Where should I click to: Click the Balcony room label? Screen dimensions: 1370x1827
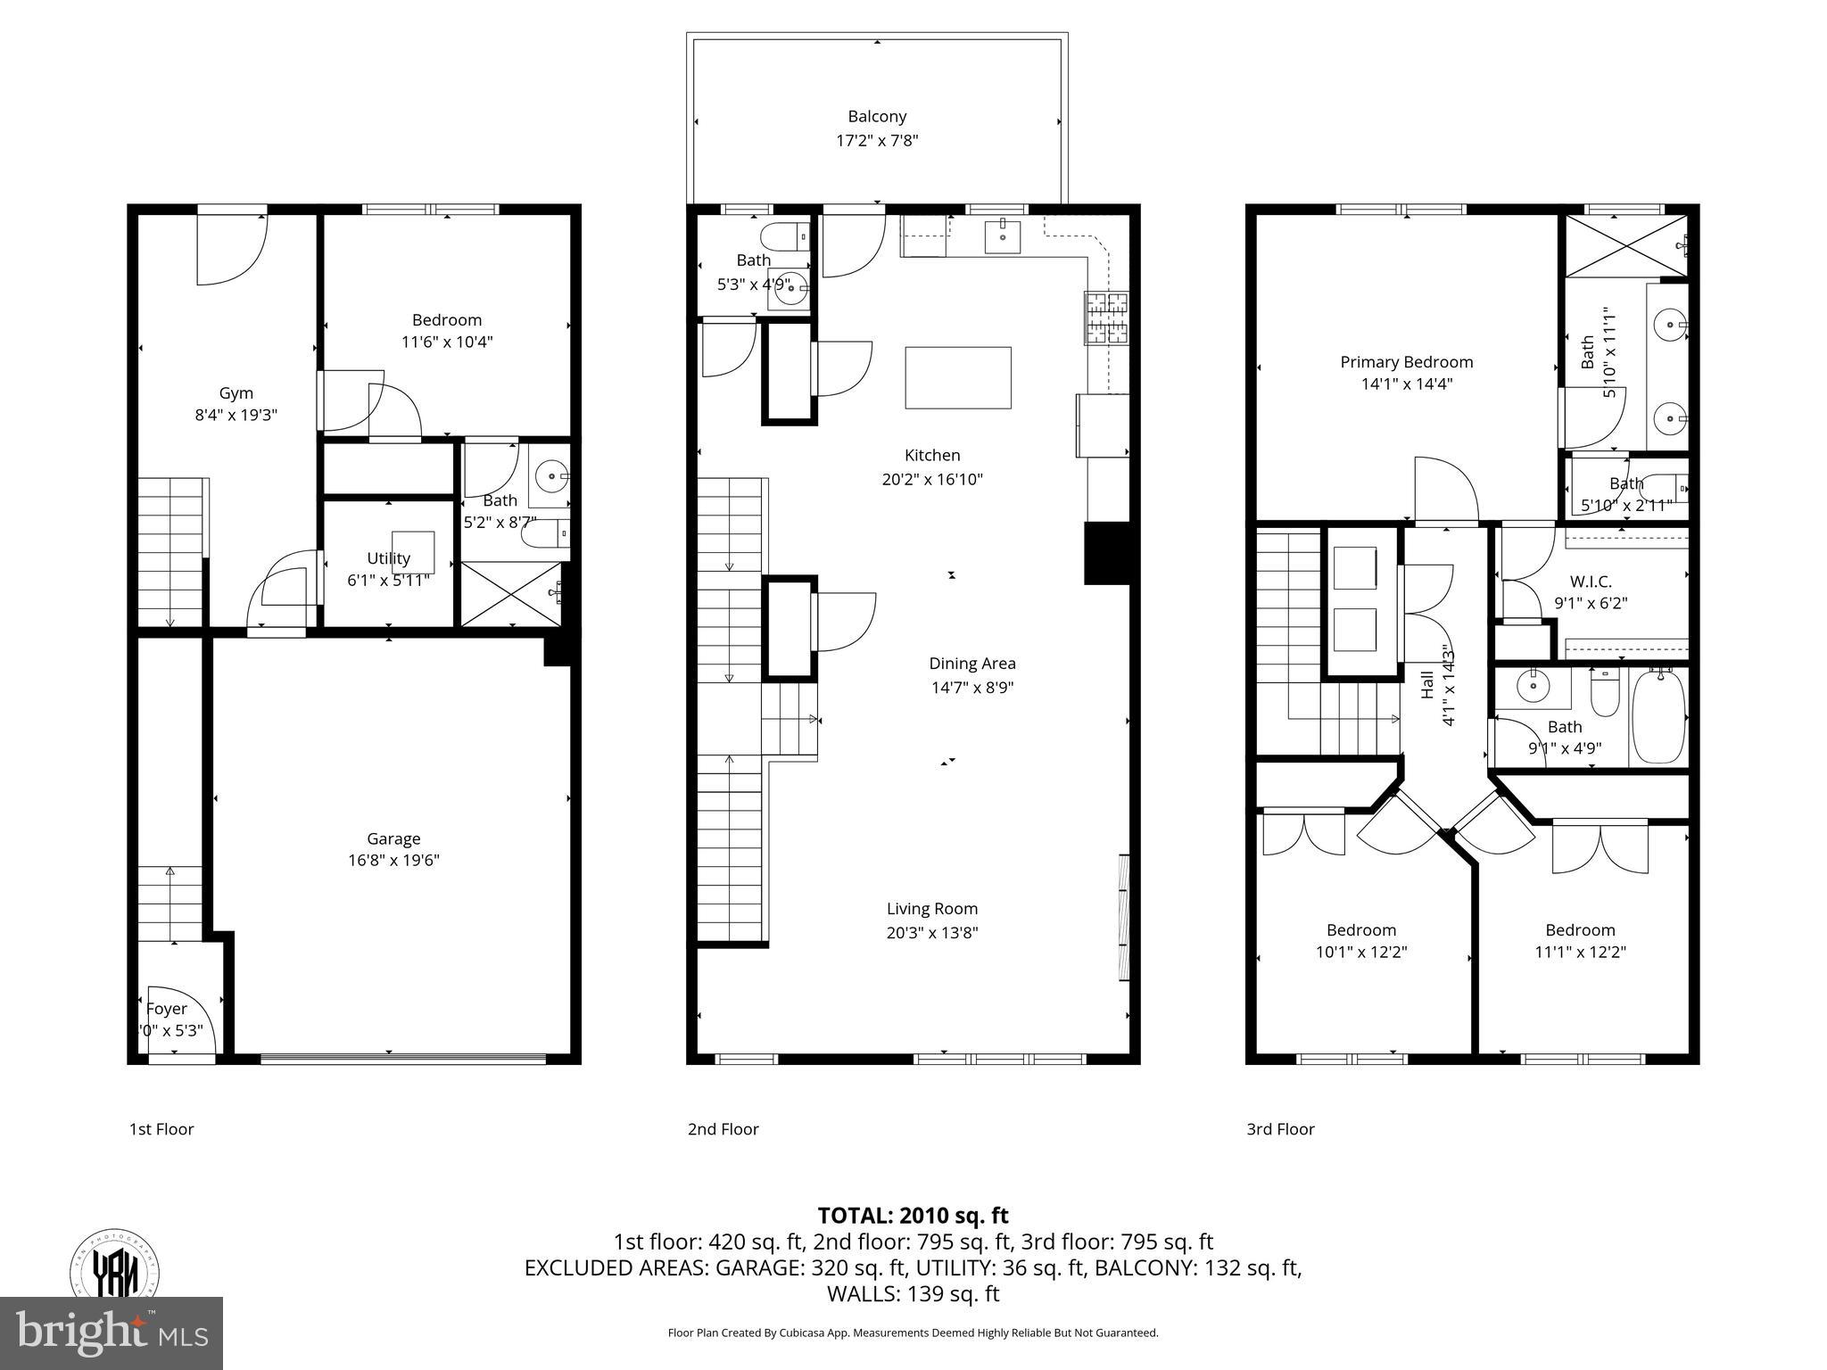point(877,117)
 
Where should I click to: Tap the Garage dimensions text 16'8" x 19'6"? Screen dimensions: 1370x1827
point(393,861)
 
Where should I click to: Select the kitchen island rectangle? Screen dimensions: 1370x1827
point(958,377)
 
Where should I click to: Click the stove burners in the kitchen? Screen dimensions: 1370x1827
point(1106,318)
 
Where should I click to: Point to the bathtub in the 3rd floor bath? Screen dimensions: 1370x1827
point(1658,716)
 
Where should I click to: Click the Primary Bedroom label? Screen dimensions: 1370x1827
point(1406,362)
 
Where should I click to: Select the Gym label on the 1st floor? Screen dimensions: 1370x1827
point(236,393)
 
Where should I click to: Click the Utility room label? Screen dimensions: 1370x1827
point(388,558)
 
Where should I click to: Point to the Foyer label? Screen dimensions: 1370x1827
point(167,1009)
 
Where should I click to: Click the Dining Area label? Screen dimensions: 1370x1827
point(971,664)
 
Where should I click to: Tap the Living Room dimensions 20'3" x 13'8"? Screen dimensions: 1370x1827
point(932,933)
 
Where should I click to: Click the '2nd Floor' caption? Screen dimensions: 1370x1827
point(723,1129)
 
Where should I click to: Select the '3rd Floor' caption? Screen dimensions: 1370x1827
point(1280,1129)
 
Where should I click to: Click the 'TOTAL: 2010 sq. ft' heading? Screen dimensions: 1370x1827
point(913,1215)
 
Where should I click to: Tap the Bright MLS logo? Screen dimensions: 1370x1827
point(112,1333)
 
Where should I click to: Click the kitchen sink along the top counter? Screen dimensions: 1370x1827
point(1004,236)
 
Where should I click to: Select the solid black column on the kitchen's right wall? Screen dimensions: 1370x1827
point(1106,554)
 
